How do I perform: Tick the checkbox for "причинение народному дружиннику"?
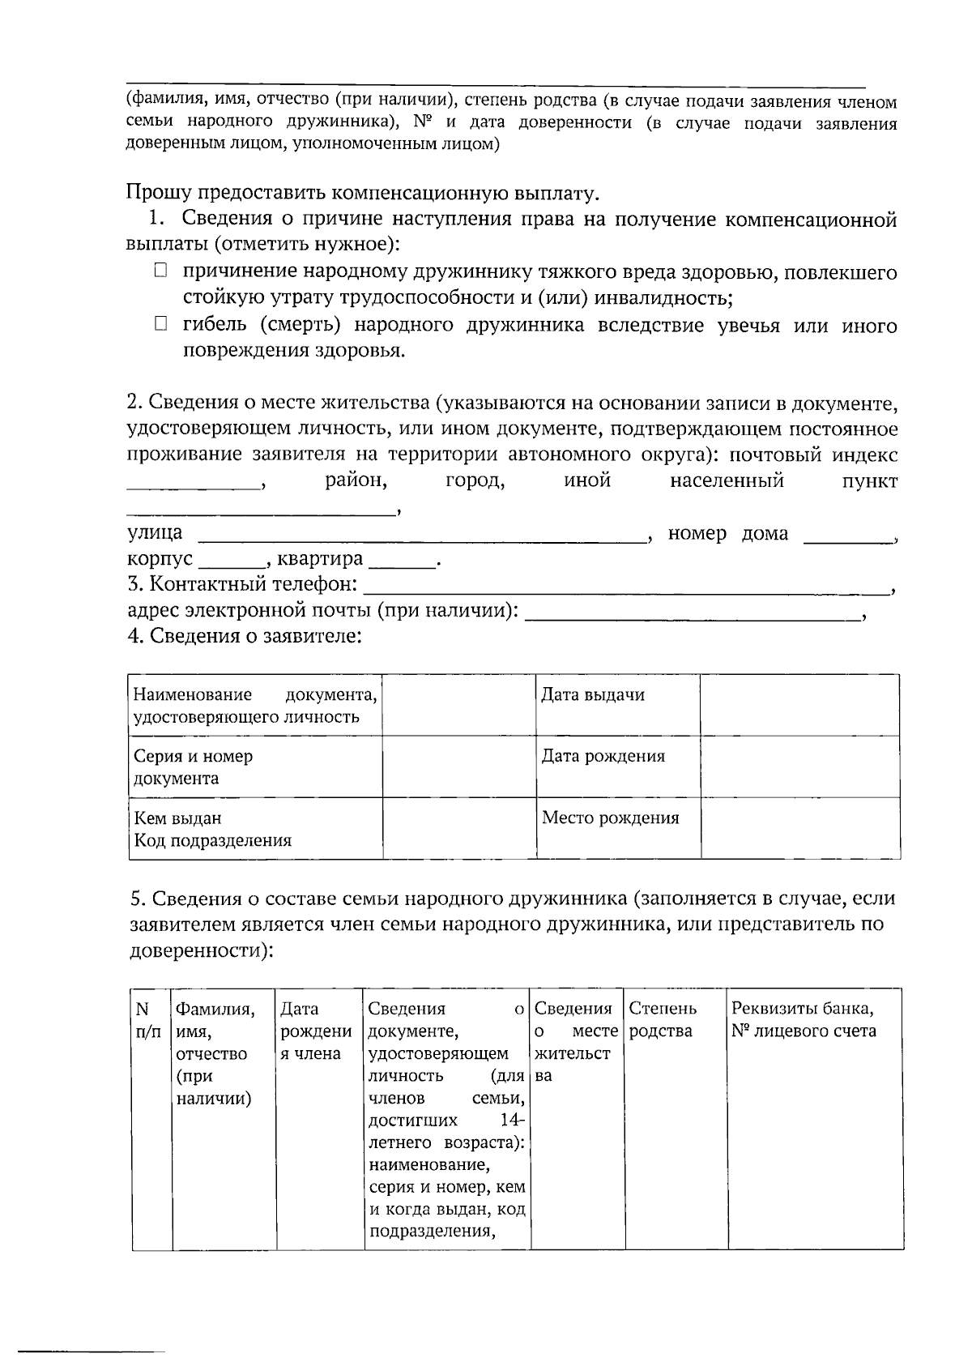click(160, 271)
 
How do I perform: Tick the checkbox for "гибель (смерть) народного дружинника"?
click(160, 325)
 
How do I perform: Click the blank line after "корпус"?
click(231, 564)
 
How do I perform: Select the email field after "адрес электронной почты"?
click(693, 617)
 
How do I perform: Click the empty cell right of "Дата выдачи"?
click(799, 705)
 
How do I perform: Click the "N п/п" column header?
click(151, 1020)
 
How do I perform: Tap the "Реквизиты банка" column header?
click(813, 1020)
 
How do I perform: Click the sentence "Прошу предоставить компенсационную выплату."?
click(363, 193)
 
